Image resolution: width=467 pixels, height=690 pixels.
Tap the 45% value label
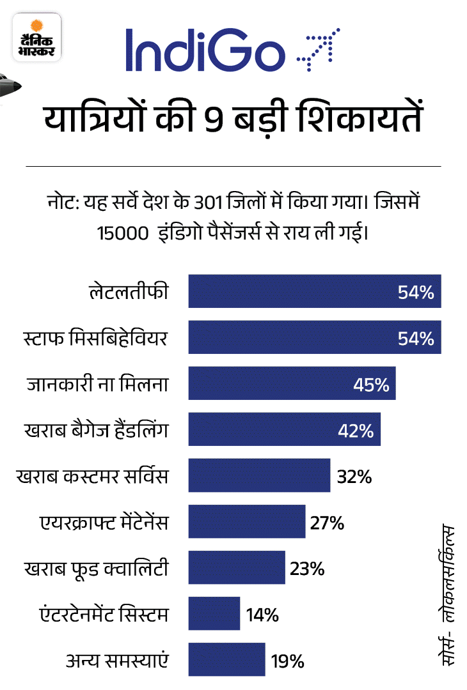tap(370, 385)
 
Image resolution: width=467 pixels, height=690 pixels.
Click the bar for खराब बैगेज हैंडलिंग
tap(284, 429)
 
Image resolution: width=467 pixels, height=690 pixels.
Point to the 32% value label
tap(354, 476)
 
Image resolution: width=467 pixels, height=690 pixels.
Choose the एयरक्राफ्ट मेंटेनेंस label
tap(103, 523)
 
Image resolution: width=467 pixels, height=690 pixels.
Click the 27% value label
tap(327, 523)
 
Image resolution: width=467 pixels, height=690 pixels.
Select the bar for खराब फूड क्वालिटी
tap(236, 568)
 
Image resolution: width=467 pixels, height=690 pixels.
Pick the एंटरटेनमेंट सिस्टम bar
tap(214, 614)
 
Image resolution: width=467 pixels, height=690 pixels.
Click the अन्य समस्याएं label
tap(118, 661)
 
